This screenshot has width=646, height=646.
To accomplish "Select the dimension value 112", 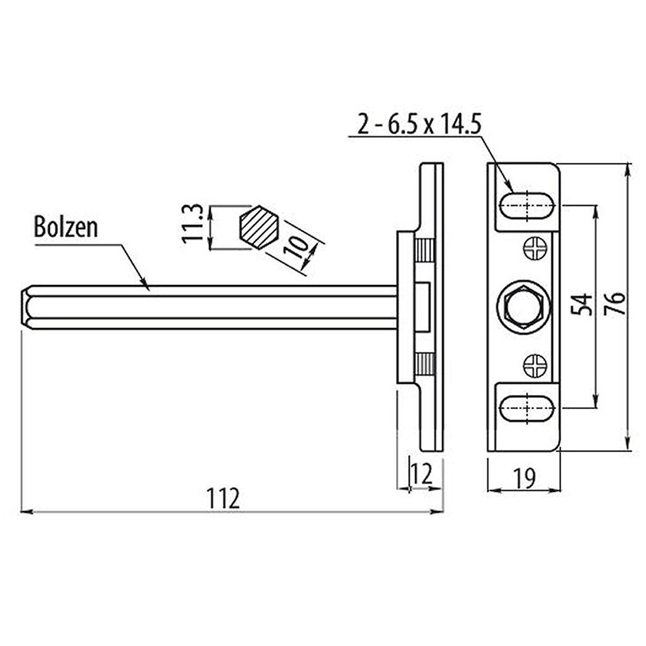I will (223, 499).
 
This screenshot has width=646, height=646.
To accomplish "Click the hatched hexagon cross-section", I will (259, 227).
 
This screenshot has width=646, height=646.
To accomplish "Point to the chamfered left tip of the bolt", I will (26, 307).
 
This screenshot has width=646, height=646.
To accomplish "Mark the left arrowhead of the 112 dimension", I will (26, 512).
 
